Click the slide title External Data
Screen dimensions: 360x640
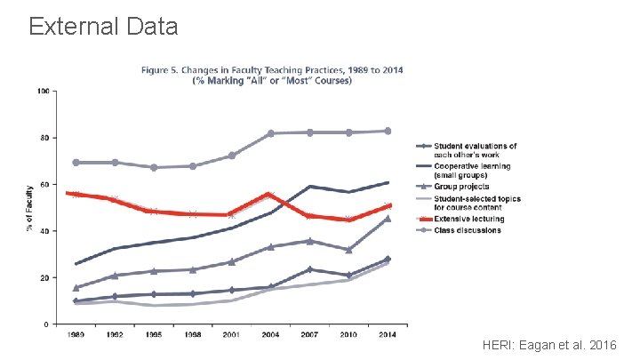(103, 25)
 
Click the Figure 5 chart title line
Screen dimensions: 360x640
(272, 69)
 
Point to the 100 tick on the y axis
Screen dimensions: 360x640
(43, 91)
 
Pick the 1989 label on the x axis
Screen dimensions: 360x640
(76, 336)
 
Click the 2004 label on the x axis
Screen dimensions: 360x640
(269, 336)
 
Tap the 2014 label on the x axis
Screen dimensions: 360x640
(387, 336)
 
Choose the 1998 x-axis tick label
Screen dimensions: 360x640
(193, 336)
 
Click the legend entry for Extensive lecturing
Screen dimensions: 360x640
(468, 219)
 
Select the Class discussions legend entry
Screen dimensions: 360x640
(467, 230)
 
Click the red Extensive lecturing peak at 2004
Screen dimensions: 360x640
(270, 194)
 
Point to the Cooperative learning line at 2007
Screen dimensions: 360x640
(309, 187)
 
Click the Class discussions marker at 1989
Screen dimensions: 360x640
(76, 163)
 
